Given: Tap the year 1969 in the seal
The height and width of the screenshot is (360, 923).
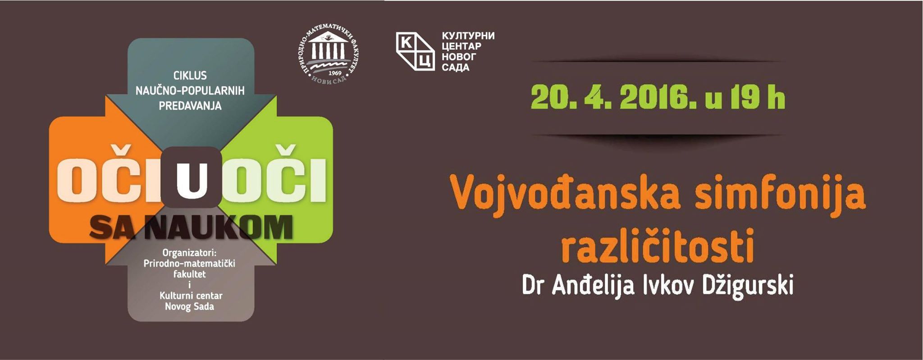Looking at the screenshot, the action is [335, 73].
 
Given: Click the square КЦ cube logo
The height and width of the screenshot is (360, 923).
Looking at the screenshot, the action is [415, 51].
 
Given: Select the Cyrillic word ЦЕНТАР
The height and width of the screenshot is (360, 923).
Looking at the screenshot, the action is [461, 46].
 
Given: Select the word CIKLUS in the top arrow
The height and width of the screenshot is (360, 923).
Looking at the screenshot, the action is [190, 75].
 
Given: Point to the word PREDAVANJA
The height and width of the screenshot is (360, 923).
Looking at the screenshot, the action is [190, 106].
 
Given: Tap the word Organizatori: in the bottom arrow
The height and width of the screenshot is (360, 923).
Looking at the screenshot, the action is [190, 253].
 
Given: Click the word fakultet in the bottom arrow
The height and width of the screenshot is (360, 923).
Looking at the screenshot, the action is [189, 274].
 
